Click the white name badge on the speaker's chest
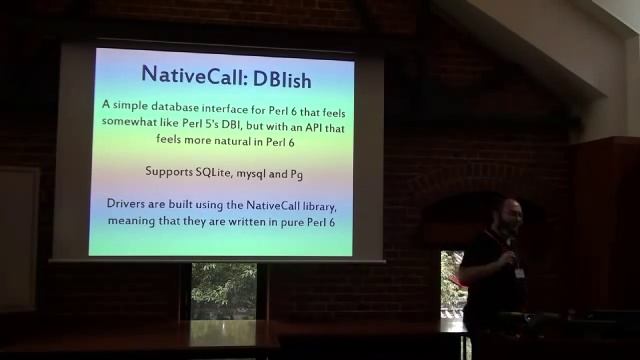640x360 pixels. click(519, 272)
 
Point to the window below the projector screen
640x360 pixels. click(223, 290)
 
